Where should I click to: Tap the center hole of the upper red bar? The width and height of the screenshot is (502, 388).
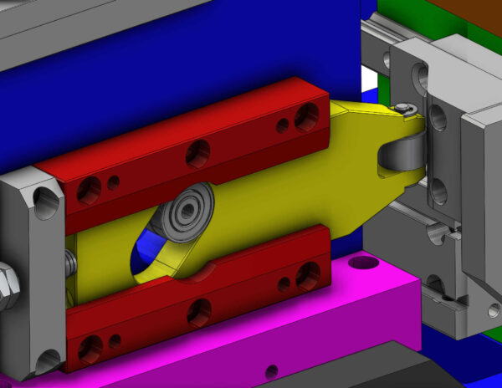(x=198, y=153)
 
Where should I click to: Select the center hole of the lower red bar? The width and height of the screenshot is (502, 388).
(x=199, y=312)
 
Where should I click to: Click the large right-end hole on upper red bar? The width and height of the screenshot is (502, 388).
(x=307, y=116)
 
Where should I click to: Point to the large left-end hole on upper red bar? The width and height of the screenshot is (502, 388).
(x=89, y=191)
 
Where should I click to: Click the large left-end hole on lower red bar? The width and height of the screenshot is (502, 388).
(x=90, y=347)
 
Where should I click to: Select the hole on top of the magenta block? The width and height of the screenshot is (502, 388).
(x=364, y=263)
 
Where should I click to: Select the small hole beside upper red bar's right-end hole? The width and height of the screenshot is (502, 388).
(x=283, y=125)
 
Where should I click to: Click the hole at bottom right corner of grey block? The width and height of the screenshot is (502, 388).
(x=494, y=310)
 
